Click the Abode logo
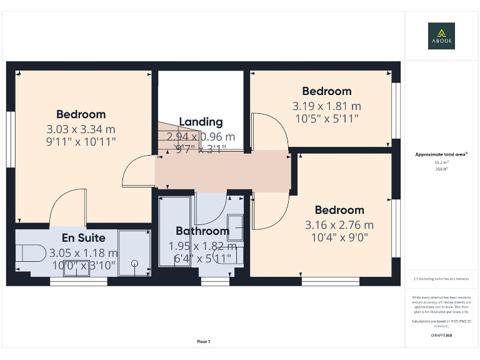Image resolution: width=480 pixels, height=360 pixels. click(441, 36)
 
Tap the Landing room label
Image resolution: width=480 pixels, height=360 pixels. click(201, 122)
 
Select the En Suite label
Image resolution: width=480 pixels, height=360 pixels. click(83, 238)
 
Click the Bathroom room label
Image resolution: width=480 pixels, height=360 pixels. click(202, 231)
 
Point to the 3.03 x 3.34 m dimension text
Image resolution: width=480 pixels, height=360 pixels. click(81, 129)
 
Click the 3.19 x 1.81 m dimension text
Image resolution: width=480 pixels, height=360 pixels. click(326, 106)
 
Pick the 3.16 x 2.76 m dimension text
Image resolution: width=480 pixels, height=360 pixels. click(339, 225)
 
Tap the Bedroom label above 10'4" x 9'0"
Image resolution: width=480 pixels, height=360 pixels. click(339, 210)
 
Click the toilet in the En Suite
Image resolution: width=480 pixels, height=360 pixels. click(29, 253)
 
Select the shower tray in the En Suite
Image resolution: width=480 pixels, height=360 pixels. click(134, 252)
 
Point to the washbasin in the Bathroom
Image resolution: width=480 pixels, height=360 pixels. click(236, 224)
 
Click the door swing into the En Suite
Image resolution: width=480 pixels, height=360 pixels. click(65, 209)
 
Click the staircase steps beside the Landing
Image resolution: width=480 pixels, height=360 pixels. click(167, 137)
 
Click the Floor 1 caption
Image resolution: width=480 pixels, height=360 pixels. click(204, 341)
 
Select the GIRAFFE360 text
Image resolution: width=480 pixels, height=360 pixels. click(441, 336)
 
